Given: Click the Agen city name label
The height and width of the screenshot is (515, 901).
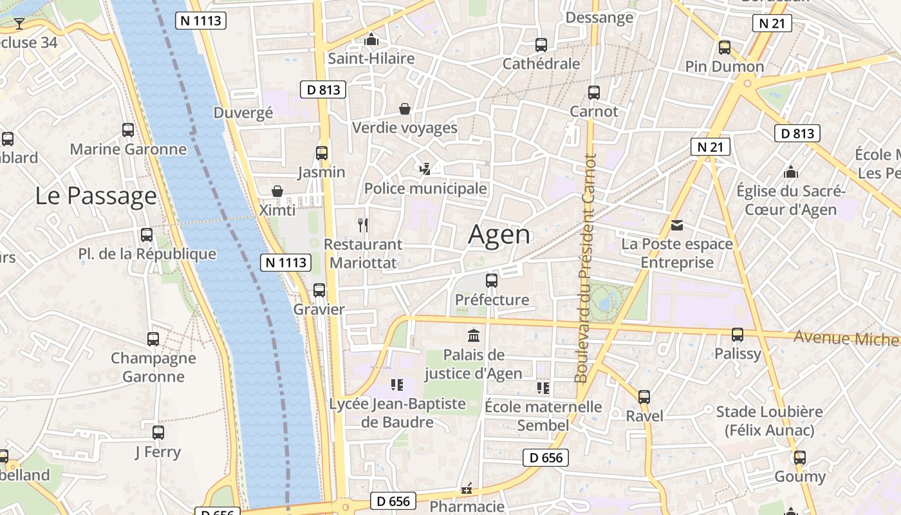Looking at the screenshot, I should [x=499, y=235].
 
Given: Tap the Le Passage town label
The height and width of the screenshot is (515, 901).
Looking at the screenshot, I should [x=96, y=196].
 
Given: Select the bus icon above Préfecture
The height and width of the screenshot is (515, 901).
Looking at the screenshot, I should [x=492, y=281].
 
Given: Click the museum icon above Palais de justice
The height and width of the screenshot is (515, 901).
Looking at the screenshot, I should [x=474, y=335].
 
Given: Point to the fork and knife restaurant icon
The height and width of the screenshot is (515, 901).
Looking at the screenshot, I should [x=363, y=225].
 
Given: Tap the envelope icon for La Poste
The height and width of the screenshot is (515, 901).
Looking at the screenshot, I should [x=677, y=225].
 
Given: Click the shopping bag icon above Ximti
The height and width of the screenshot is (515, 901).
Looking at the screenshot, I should [x=277, y=191].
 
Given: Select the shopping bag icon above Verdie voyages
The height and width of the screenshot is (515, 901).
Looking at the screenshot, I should [x=405, y=109].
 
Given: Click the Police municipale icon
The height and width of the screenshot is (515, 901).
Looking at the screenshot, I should [x=425, y=169].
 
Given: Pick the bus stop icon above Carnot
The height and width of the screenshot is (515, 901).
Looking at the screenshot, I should [x=594, y=93].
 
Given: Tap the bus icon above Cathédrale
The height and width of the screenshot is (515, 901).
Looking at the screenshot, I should [x=541, y=45].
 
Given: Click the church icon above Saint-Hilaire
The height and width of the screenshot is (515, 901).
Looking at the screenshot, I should [x=371, y=40].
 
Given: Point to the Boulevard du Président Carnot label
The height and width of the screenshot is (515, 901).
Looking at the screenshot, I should [x=586, y=268].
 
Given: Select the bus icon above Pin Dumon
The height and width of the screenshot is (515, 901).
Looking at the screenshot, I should [x=725, y=48].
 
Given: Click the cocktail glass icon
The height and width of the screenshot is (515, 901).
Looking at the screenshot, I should [x=19, y=24].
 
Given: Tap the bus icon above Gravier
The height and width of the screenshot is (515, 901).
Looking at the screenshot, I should [x=319, y=290].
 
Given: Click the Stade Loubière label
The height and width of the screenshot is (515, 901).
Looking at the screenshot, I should [x=769, y=420].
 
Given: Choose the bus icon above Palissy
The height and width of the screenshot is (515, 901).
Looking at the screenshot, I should [x=738, y=335].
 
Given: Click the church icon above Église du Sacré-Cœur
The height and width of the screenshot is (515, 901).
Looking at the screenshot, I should [x=791, y=173].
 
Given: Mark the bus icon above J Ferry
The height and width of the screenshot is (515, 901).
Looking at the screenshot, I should [x=158, y=433].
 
